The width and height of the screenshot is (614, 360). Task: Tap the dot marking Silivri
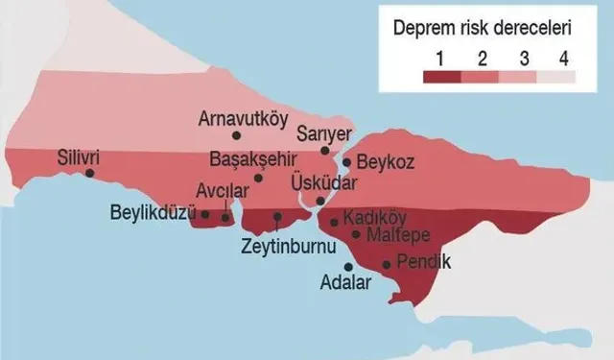click(89, 174)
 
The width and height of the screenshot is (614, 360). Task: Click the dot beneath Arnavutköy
click(237, 136)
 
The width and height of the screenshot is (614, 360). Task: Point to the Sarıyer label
click(324, 132)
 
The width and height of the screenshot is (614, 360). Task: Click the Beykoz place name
click(387, 163)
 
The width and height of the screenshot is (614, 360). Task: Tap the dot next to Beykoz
click(346, 161)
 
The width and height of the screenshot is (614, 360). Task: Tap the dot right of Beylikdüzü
click(204, 213)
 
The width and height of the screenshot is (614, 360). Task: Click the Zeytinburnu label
click(287, 247)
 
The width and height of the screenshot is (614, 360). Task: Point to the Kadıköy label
click(375, 216)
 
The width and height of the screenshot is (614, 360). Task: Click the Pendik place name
click(427, 261)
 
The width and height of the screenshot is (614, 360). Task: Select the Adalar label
click(342, 285)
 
